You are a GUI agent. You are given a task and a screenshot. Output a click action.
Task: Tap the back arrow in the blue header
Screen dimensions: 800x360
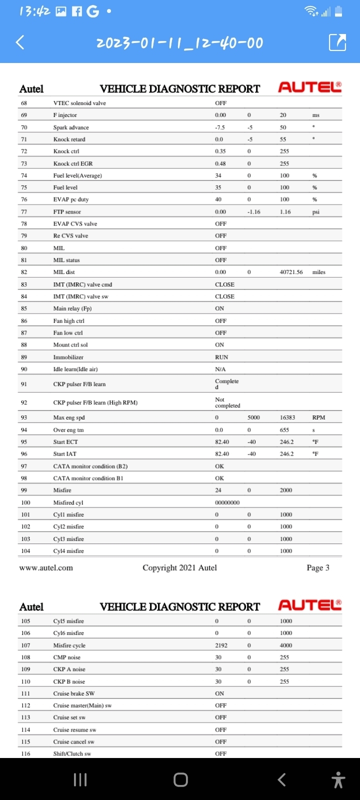click(x=20, y=42)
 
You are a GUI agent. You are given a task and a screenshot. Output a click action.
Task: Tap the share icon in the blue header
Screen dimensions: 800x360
click(x=337, y=42)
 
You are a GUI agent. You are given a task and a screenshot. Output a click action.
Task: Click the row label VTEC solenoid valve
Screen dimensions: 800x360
click(x=79, y=103)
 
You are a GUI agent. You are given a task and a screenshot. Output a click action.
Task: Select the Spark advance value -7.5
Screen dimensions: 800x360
click(x=220, y=127)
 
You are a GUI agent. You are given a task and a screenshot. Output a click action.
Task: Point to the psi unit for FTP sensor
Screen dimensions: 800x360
click(x=316, y=212)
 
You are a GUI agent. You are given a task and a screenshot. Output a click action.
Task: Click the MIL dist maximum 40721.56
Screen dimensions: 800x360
click(x=291, y=272)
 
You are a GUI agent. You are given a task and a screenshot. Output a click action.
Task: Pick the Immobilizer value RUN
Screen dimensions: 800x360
click(x=221, y=357)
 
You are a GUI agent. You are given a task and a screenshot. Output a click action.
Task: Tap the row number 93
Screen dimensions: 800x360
click(x=24, y=417)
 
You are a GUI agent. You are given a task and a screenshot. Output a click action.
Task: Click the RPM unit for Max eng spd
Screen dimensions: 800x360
click(x=318, y=417)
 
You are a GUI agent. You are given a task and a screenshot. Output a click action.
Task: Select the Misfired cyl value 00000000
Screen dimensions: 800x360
click(x=227, y=502)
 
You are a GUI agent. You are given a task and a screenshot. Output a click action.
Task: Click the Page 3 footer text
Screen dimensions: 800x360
click(x=318, y=567)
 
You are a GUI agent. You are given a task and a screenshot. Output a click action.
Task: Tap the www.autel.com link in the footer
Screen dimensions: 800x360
click(x=46, y=567)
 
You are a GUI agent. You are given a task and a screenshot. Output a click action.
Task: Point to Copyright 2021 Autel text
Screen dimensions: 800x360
click(x=179, y=567)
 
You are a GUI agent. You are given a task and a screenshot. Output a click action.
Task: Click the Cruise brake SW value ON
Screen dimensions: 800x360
click(x=219, y=693)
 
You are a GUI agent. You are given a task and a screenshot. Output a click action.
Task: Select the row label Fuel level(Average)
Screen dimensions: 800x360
click(x=77, y=175)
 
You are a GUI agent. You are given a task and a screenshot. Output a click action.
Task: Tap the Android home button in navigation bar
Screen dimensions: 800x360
click(x=180, y=779)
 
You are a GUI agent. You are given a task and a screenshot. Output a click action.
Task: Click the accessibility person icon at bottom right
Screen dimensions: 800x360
click(x=338, y=779)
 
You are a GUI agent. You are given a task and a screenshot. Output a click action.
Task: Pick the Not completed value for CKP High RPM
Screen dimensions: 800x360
click(x=227, y=402)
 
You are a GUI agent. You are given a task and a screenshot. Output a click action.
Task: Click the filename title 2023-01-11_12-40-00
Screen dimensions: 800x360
click(x=179, y=43)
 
